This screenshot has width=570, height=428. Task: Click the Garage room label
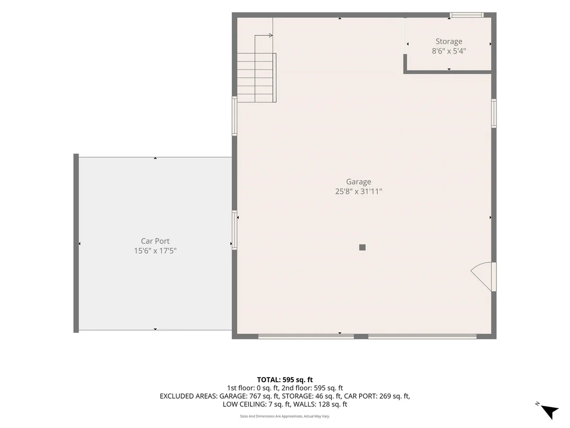(x=359, y=182)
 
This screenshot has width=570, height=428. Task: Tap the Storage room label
(x=449, y=42)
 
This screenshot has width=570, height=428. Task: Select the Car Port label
(x=155, y=241)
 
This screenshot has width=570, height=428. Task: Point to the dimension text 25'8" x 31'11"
(x=359, y=192)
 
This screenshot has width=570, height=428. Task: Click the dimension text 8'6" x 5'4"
(x=449, y=51)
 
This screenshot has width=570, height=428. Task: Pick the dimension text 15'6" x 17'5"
(x=155, y=251)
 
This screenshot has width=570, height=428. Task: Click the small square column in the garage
(x=362, y=248)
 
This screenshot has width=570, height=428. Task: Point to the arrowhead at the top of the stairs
(x=271, y=36)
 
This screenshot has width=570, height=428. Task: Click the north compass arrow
(x=549, y=411)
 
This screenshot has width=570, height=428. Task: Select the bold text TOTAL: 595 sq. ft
(x=284, y=380)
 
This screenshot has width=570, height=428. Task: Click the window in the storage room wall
(x=467, y=15)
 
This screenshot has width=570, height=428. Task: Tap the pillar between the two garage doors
(x=361, y=336)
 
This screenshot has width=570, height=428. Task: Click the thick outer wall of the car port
(x=76, y=243)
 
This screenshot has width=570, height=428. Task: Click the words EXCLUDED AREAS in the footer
(x=188, y=397)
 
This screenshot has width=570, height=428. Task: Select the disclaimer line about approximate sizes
(x=284, y=416)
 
